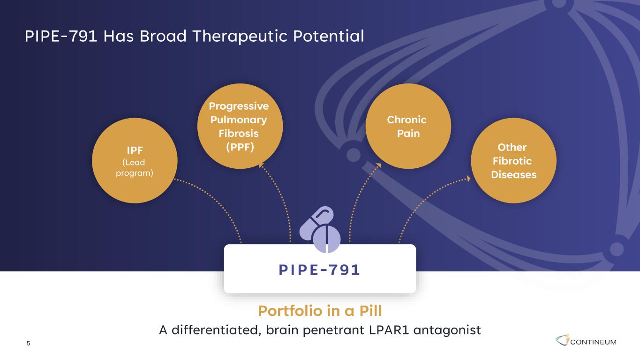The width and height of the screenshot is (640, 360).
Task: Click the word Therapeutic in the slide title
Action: [240, 37]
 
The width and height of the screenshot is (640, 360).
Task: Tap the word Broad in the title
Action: [163, 36]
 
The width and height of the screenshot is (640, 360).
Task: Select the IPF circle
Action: [135, 161]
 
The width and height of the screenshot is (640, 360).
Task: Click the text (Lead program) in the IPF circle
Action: [134, 168]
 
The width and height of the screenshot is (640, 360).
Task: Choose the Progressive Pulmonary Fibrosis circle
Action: [240, 126]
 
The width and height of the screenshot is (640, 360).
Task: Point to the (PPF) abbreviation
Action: [240, 147]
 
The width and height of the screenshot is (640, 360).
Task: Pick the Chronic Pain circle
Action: [408, 126]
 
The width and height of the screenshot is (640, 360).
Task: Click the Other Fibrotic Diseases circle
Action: [513, 161]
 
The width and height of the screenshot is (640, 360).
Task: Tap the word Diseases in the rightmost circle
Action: [514, 174]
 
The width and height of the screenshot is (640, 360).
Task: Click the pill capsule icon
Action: [320, 229]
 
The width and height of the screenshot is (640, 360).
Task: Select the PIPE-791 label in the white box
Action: [319, 270]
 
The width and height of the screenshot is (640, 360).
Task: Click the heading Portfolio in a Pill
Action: [320, 311]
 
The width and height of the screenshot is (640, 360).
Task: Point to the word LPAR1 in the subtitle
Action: [389, 330]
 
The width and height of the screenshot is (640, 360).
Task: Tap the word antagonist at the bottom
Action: [447, 330]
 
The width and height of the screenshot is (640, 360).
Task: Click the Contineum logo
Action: [586, 341]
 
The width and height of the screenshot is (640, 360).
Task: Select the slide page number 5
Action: [28, 343]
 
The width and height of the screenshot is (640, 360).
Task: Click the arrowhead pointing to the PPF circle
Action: [260, 165]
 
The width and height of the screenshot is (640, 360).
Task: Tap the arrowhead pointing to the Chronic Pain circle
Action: [379, 165]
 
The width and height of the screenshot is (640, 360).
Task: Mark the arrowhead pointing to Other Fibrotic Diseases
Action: [468, 179]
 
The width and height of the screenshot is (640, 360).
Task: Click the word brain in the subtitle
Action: [282, 330]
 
